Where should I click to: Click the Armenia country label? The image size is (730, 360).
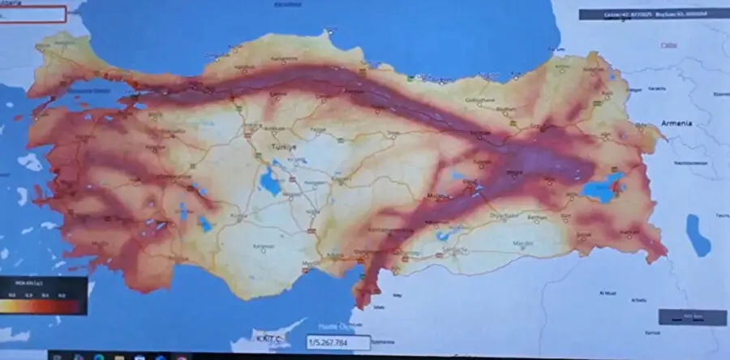click(x=676, y=122)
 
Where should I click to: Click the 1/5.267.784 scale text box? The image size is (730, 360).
click(x=337, y=342)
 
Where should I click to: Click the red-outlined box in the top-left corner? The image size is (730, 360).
click(x=32, y=15)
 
